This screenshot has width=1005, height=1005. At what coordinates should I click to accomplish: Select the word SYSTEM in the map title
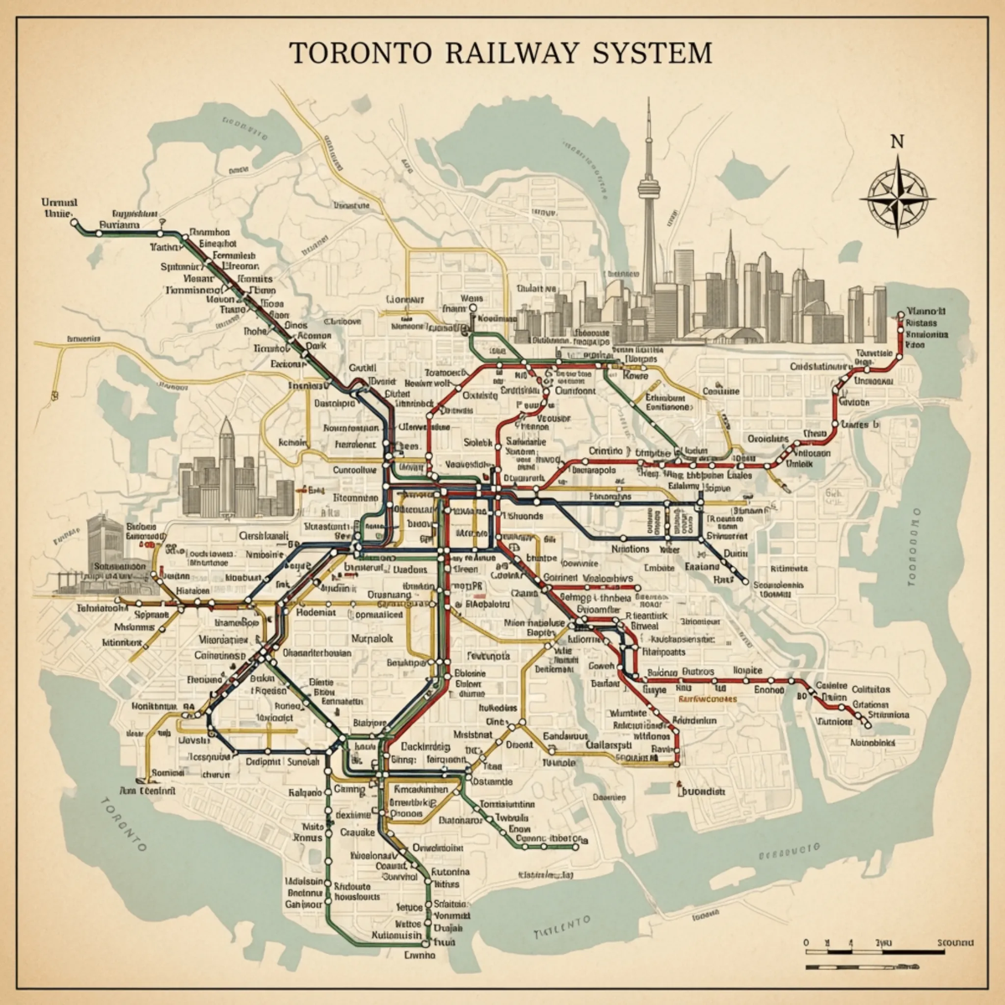651,52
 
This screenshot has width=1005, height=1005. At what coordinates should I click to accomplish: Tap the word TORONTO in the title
361,52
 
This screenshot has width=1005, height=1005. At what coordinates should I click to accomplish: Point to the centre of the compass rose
897,199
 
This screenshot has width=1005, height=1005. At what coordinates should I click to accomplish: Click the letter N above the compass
897,141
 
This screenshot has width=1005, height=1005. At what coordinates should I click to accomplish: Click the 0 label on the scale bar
806,943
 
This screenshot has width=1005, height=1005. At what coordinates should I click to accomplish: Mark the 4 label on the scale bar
851,943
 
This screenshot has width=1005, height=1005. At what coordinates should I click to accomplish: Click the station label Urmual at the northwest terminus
59,202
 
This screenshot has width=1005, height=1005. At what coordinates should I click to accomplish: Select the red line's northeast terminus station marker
901,316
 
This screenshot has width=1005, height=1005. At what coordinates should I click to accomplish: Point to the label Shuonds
526,516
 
